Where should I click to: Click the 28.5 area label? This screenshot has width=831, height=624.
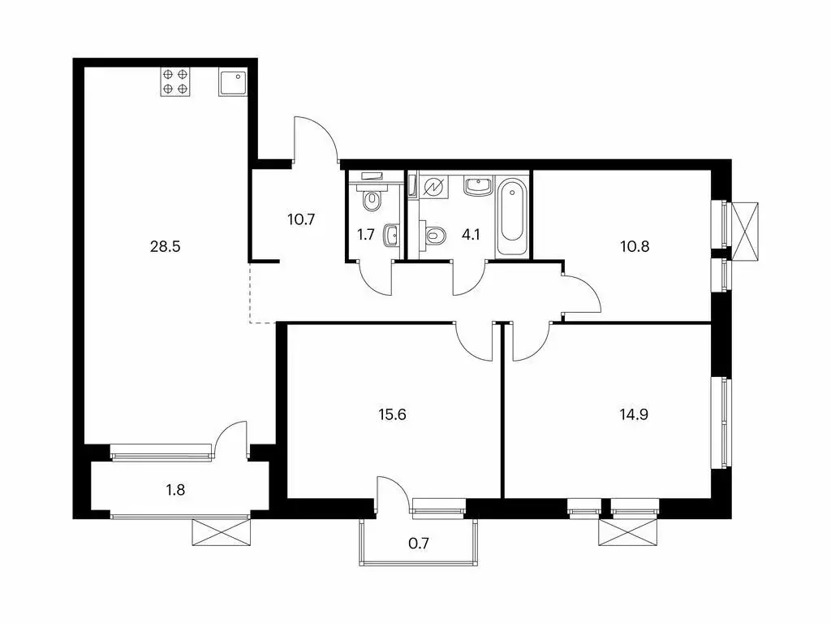(x=164, y=245)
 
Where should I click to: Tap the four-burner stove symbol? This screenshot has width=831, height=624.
(x=175, y=82)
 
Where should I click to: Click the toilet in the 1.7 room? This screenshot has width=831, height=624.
(x=372, y=198)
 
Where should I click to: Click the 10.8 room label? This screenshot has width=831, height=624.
(x=634, y=245)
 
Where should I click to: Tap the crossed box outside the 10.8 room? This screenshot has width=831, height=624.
(x=747, y=231)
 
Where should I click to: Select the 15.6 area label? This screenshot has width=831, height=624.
(x=392, y=414)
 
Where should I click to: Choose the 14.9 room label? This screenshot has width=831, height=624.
(x=634, y=414)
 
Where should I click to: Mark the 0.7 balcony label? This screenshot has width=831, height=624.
(x=418, y=541)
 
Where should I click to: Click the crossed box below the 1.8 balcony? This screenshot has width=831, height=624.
(x=222, y=531)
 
